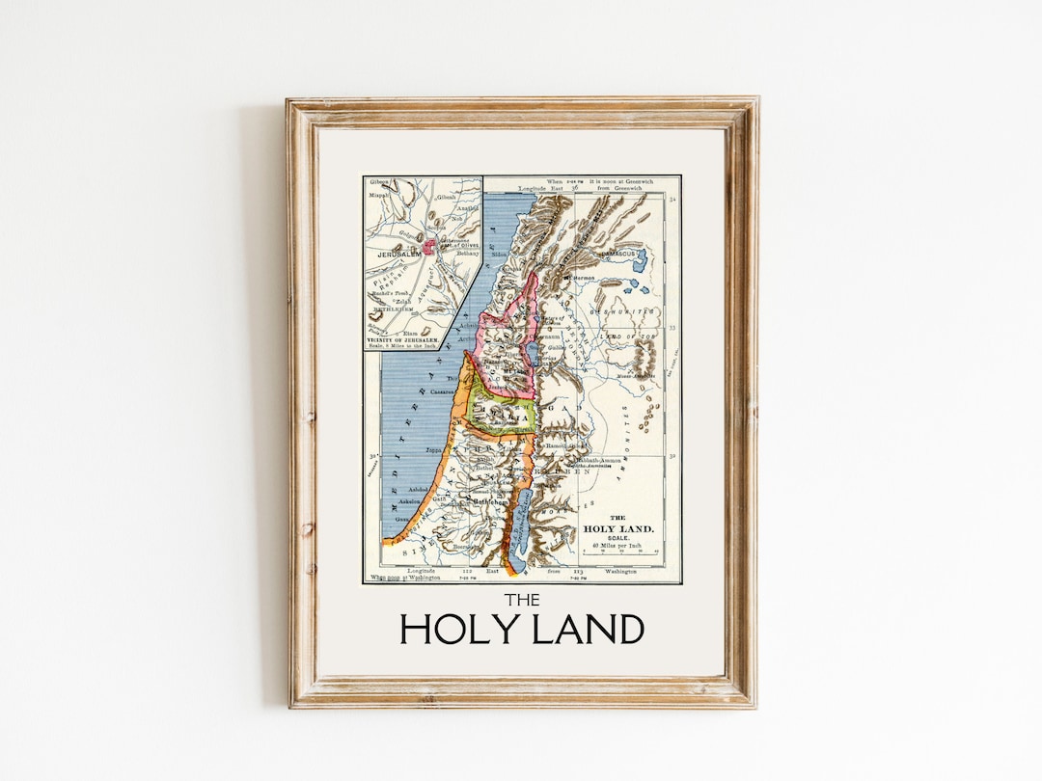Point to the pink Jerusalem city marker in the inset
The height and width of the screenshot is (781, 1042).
pos(427,247)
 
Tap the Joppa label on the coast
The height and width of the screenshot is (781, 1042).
pos(432,449)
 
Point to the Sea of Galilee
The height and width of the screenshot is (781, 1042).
pos(532,348)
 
